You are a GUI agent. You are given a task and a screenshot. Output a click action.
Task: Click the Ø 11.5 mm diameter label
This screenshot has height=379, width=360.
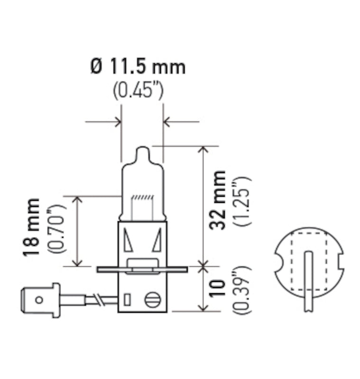(x=138, y=67)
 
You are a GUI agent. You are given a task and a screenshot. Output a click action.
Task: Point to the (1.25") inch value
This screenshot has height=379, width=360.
(x=241, y=200)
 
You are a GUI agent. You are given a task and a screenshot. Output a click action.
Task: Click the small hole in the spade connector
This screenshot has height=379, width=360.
(x=39, y=299)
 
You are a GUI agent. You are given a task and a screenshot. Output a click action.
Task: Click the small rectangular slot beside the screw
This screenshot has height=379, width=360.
(x=127, y=300)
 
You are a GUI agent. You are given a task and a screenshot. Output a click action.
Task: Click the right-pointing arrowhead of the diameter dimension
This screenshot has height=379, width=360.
(x=117, y=122)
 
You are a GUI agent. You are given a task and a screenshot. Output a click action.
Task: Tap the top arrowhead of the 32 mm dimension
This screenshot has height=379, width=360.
(x=203, y=150)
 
